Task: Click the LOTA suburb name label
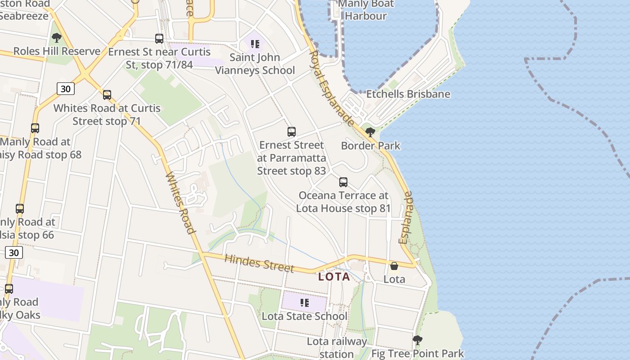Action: (x=334, y=277)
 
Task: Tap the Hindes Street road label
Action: (x=259, y=263)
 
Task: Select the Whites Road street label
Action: (x=180, y=203)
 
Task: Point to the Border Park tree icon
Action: (x=370, y=132)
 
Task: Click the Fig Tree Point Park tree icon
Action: (x=418, y=340)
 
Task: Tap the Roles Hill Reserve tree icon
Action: (x=57, y=38)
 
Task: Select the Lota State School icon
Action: (x=305, y=303)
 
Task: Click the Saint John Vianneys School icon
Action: (x=255, y=44)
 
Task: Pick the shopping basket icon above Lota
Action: (x=394, y=266)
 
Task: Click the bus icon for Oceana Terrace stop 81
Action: (x=343, y=182)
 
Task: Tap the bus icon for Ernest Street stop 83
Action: (x=292, y=132)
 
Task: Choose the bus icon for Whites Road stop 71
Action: (x=107, y=95)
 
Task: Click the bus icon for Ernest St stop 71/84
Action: (x=159, y=39)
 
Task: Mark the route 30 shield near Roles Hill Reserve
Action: (x=66, y=89)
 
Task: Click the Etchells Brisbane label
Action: (x=408, y=94)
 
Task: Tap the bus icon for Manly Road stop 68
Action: (x=35, y=128)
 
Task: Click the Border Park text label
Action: (x=370, y=146)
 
